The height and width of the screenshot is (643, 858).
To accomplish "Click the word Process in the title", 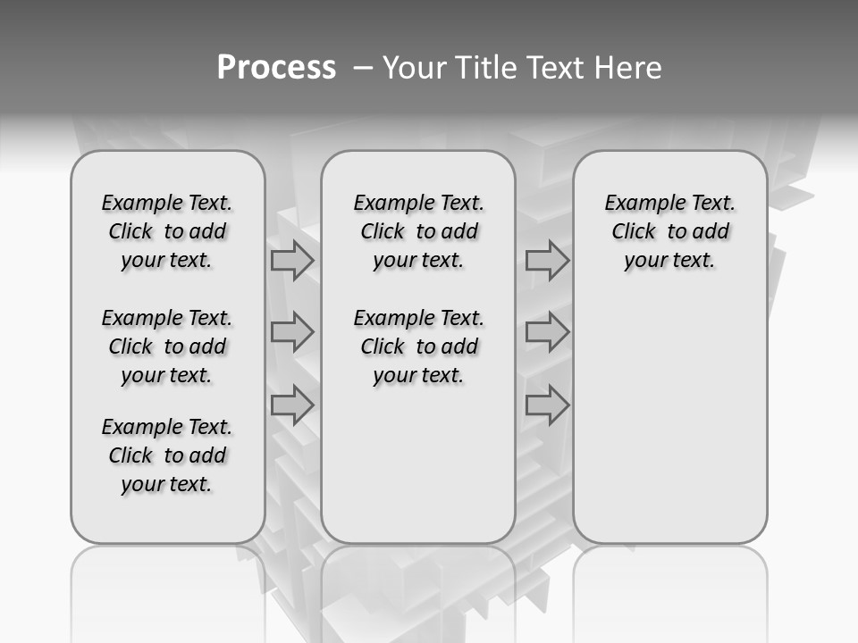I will click(276, 68).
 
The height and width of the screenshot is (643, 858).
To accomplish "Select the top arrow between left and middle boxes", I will click(292, 260).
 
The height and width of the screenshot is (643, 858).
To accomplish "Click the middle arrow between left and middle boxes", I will click(292, 332).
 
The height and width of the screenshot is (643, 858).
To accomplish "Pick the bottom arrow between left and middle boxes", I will click(292, 405).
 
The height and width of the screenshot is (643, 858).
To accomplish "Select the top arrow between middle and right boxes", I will click(547, 260).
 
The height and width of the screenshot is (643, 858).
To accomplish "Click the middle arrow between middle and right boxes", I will click(547, 332).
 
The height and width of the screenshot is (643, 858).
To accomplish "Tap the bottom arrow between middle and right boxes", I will click(547, 405).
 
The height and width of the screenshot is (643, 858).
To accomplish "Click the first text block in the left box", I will click(167, 231).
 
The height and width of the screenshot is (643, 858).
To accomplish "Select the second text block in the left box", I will click(167, 347).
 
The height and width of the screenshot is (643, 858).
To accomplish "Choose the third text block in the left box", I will click(167, 455).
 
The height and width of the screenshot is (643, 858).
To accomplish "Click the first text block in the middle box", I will click(419, 231).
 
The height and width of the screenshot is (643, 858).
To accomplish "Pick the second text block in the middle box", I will click(419, 347).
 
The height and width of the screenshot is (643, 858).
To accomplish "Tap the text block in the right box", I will click(670, 231).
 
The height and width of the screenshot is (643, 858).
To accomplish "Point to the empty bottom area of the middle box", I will click(418, 473).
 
